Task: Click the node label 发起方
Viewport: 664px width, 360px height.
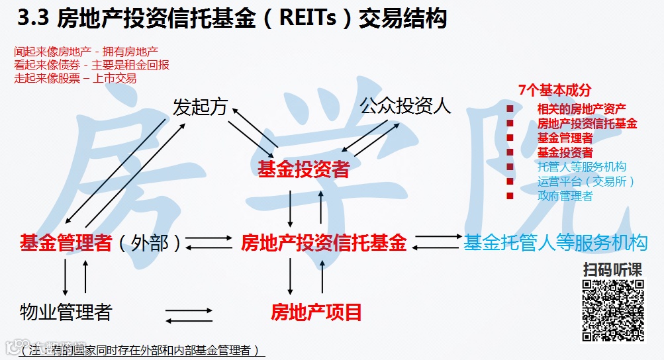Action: [199, 107]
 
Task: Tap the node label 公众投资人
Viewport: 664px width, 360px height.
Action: [406, 106]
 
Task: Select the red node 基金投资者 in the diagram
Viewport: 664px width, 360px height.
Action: [303, 170]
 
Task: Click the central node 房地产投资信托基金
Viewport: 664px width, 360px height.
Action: [324, 242]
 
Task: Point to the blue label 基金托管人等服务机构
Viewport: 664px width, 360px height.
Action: [555, 242]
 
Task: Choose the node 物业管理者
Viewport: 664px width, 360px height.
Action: [66, 312]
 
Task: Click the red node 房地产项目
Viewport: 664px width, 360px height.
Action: [316, 312]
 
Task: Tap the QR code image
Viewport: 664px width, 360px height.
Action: [613, 310]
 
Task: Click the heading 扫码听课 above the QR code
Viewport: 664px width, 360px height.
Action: [613, 270]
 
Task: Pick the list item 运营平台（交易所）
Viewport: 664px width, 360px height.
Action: [586, 181]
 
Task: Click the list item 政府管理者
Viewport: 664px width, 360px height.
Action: [565, 196]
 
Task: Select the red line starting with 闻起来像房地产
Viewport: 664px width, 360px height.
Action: [86, 52]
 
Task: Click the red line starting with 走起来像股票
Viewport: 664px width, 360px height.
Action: [75, 78]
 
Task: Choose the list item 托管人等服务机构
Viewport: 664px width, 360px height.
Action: [582, 167]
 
